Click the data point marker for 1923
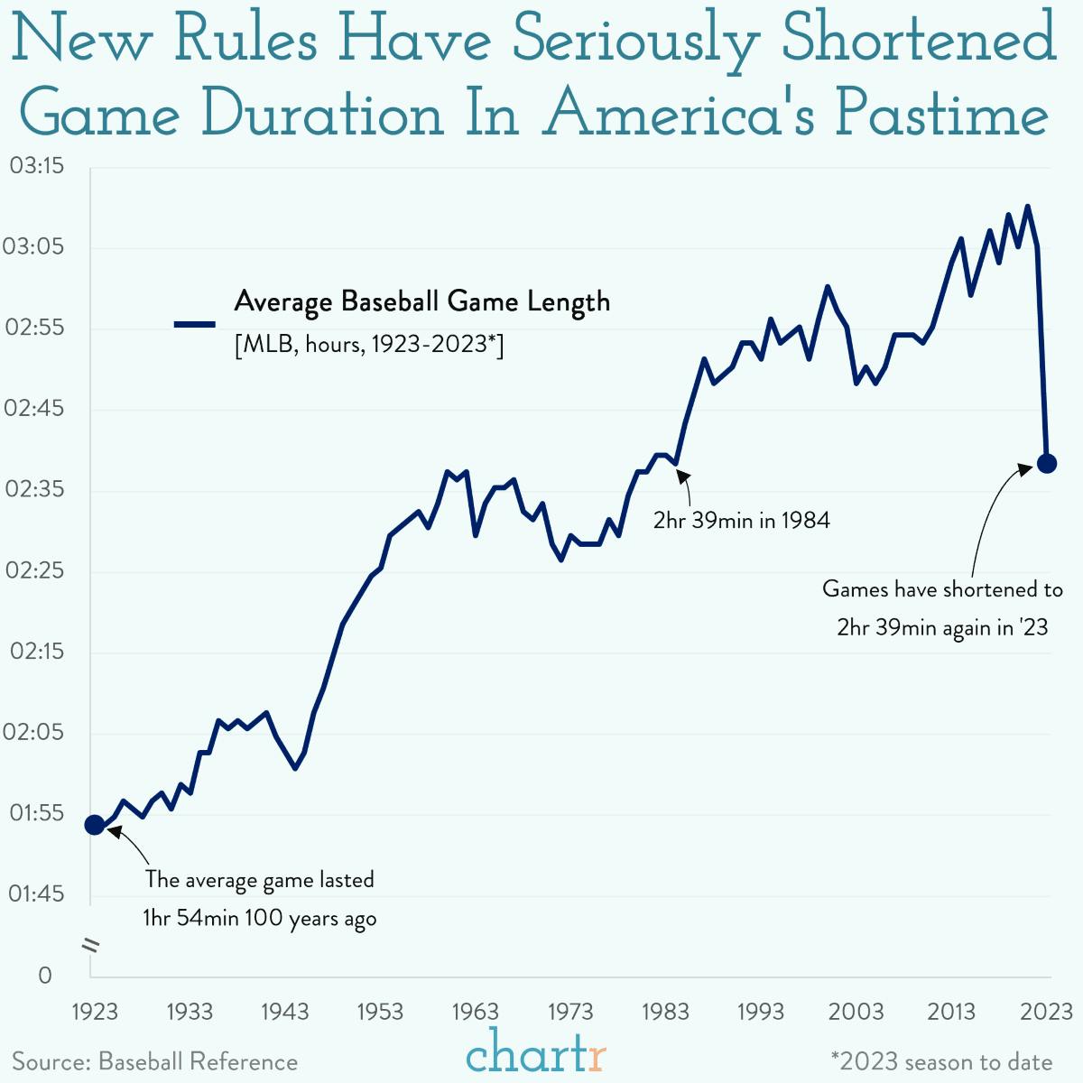[x=95, y=824]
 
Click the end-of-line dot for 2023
[x=1047, y=463]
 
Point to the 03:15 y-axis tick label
[x=37, y=166]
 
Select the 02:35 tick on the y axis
[x=37, y=490]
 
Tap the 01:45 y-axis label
[x=37, y=894]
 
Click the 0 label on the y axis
[x=45, y=976]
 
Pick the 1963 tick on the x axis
[x=476, y=1012]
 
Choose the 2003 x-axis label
[x=856, y=1012]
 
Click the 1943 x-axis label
[x=285, y=1012]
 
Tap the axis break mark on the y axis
[x=90, y=945]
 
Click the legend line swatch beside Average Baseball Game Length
[x=194, y=324]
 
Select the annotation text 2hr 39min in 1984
[x=741, y=521]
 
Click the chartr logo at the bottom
[x=536, y=1053]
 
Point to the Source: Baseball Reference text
[x=154, y=1062]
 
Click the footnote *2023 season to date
[x=941, y=1062]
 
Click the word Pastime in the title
[x=941, y=115]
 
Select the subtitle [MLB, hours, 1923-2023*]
[x=368, y=345]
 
